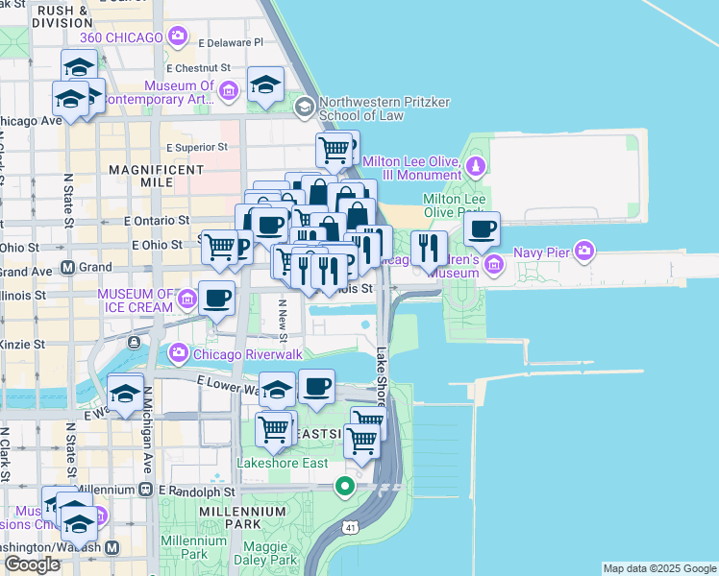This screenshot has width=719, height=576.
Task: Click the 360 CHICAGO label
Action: (x=122, y=36)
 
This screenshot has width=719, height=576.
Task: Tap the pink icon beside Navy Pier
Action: (x=583, y=253)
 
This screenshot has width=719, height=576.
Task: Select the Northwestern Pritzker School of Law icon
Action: (x=306, y=105)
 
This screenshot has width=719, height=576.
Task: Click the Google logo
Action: (x=32, y=564)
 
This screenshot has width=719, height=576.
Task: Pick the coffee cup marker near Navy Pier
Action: (x=482, y=229)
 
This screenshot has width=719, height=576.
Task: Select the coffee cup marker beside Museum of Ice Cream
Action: (x=216, y=299)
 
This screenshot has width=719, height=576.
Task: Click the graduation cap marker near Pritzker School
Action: (x=265, y=84)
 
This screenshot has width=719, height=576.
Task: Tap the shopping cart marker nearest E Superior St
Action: (x=333, y=148)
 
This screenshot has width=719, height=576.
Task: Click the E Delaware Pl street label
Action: (x=230, y=43)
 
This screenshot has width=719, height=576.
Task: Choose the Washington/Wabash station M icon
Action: (x=112, y=547)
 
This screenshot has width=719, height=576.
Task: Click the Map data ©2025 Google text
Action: (x=659, y=568)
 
